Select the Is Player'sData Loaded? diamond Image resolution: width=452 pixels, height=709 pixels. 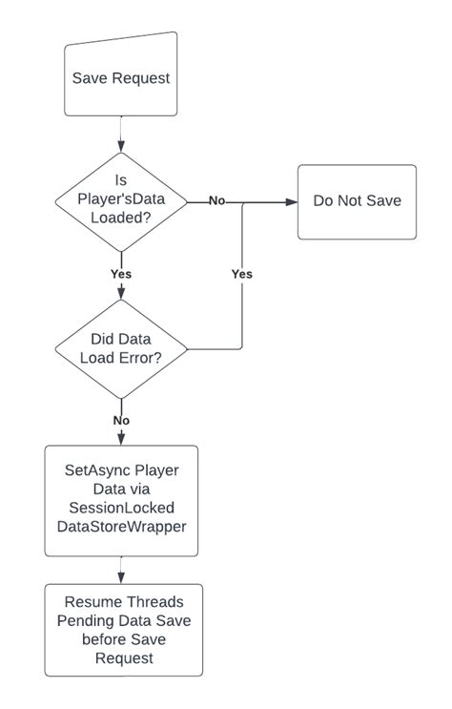click(121, 201)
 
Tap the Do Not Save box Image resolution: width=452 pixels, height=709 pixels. click(357, 201)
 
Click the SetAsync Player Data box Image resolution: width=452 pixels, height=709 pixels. click(121, 500)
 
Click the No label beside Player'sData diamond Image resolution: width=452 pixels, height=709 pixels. click(217, 201)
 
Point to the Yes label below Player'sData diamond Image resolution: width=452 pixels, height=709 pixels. click(121, 274)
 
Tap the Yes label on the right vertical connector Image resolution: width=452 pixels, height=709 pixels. click(242, 274)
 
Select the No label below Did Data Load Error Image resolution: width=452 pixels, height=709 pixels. click(121, 420)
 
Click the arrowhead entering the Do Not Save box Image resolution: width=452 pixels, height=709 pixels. click(292, 201)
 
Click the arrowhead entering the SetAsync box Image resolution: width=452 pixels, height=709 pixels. click(121, 440)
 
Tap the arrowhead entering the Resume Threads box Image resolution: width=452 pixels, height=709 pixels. click(121, 578)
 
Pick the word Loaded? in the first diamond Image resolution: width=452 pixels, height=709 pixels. click(121, 217)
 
